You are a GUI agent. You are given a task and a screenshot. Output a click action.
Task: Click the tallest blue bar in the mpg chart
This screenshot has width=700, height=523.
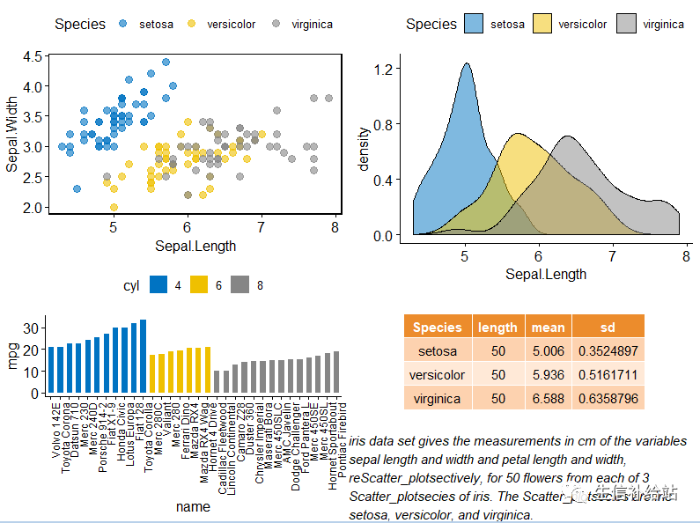[x=143, y=357]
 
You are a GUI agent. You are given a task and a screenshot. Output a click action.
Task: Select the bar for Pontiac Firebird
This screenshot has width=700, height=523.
[x=335, y=372]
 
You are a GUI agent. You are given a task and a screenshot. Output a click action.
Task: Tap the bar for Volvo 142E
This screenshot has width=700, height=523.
[x=51, y=370]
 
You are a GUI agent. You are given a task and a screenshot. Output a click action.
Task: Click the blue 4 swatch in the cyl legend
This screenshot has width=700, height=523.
[x=158, y=285]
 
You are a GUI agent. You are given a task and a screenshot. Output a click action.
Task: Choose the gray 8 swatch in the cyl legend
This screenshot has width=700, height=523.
[x=239, y=285]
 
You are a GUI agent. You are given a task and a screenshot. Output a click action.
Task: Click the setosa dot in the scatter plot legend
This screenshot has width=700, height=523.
[x=123, y=24]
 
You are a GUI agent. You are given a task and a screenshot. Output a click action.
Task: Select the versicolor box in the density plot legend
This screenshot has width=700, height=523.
[x=541, y=24]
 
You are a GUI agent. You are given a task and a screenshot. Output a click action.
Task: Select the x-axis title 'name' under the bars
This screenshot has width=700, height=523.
[x=193, y=506]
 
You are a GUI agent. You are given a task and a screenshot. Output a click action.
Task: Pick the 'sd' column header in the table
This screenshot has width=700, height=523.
[x=608, y=327]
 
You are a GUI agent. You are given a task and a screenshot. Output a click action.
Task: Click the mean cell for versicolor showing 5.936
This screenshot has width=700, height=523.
[x=548, y=374]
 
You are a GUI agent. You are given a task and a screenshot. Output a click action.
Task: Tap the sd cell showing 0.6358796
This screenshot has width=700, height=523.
[x=608, y=398]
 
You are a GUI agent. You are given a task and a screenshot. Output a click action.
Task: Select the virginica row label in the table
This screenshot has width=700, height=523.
[x=438, y=398]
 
